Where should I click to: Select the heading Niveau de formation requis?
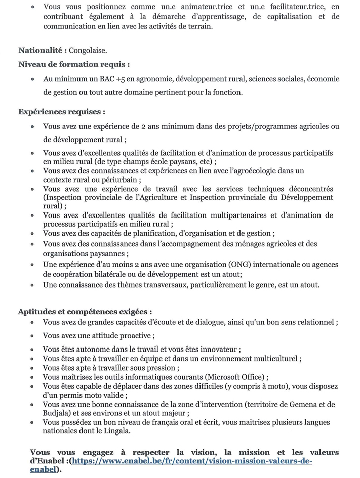coord(74,64)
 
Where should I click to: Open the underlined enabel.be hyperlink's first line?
coord(192,461)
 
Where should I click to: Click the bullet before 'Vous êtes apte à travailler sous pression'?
coord(32,368)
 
